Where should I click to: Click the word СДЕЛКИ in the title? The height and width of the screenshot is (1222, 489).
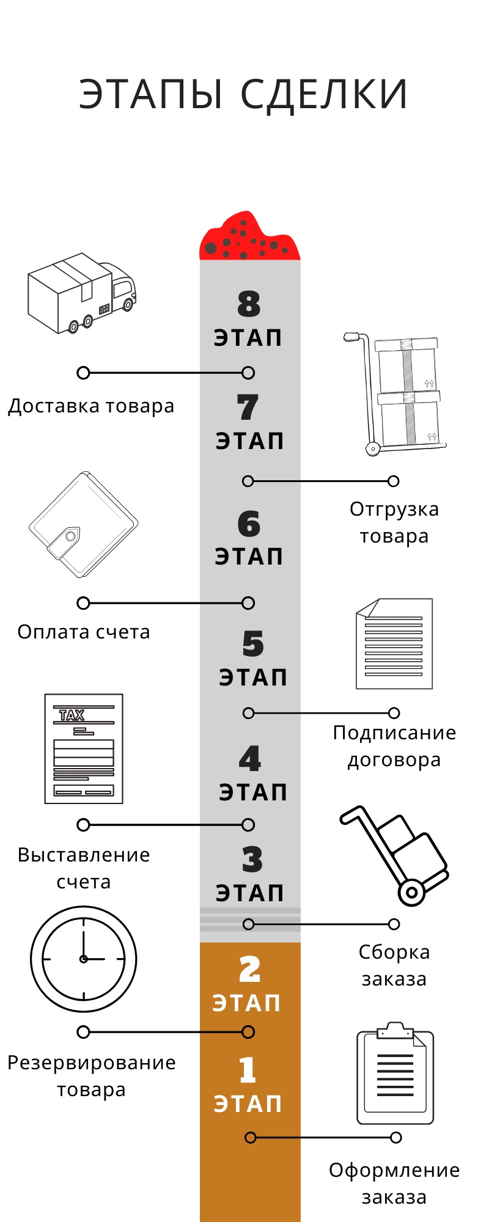pyautogui.click(x=324, y=95)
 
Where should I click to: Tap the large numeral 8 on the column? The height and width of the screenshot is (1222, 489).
pyautogui.click(x=249, y=304)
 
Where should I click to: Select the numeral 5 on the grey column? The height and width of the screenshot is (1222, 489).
pyautogui.click(x=252, y=644)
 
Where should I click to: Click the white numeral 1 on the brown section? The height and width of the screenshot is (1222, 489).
pyautogui.click(x=248, y=1070)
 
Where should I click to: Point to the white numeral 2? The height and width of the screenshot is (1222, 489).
pyautogui.click(x=249, y=970)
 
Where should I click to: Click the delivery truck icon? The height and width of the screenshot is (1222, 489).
pyautogui.click(x=82, y=293)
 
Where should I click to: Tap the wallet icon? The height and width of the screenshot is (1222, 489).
pyautogui.click(x=84, y=524)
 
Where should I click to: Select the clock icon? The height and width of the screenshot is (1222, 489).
pyautogui.click(x=84, y=959)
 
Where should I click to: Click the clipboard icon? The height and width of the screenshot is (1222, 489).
pyautogui.click(x=395, y=1073)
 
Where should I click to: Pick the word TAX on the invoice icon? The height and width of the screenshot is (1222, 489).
pyautogui.click(x=72, y=715)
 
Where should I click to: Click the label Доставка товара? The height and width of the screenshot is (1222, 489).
pyautogui.click(x=91, y=406)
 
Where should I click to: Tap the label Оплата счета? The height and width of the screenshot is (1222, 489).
pyautogui.click(x=84, y=632)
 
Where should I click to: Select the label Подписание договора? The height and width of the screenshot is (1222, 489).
pyautogui.click(x=394, y=746)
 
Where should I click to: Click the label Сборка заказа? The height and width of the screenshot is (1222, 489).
pyautogui.click(x=394, y=965)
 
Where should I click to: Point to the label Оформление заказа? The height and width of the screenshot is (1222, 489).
pyautogui.click(x=394, y=1184)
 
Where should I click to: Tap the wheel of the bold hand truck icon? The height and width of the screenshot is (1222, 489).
pyautogui.click(x=411, y=892)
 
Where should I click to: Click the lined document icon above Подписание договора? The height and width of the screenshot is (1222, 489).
pyautogui.click(x=394, y=644)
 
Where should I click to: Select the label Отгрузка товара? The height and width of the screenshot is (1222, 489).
pyautogui.click(x=394, y=522)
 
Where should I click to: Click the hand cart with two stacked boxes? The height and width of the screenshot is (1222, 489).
pyautogui.click(x=395, y=394)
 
